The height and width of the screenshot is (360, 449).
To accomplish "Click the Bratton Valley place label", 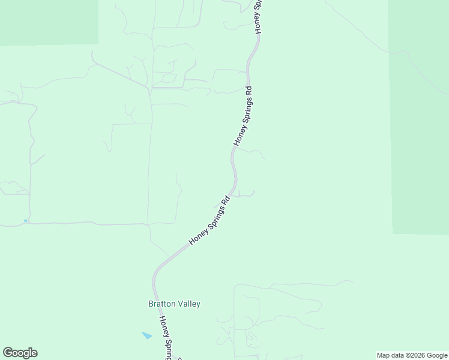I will click(x=174, y=304).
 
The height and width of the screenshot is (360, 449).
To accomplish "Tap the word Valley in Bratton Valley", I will click(x=188, y=304).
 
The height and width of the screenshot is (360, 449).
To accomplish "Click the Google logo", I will click(x=20, y=353).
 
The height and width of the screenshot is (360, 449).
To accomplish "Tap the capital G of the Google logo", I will click(x=8, y=353).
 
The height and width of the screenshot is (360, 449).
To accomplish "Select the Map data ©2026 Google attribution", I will click(x=412, y=355).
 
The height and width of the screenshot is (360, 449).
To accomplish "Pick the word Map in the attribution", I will click(x=384, y=355).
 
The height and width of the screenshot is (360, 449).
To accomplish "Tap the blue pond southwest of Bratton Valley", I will click(x=147, y=335).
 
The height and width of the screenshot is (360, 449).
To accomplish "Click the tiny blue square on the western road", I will click(x=25, y=221).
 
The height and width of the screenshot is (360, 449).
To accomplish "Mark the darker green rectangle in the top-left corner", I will click(x=48, y=21).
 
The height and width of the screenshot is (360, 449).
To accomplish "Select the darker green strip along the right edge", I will click(x=419, y=120).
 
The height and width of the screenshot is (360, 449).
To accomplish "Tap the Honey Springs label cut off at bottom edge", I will click(x=169, y=339).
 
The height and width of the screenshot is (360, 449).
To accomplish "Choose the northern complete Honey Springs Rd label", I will click(x=243, y=116).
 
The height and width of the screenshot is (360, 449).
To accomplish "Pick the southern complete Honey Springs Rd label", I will click(x=210, y=220).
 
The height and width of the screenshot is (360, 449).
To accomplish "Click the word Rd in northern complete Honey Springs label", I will click(x=249, y=93).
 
